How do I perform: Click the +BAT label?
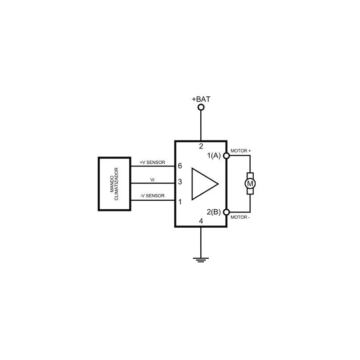coord(201,99)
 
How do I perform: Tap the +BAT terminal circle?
coord(201,107)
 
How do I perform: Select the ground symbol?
coord(201,260)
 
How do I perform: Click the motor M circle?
coord(250,184)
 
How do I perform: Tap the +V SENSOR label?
coord(153,162)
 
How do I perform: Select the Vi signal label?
coord(152,180)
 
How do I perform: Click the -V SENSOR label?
coord(152,196)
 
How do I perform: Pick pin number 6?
coord(180,166)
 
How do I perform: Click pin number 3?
coord(180,182)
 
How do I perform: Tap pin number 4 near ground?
coord(201,221)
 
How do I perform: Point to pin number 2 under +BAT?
coord(201,146)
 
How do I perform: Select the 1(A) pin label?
coord(214,156)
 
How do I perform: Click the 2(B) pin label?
coord(213,211)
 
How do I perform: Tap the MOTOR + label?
coord(241,151)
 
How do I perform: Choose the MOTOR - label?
coord(240,217)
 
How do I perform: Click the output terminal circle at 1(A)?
coord(226,156)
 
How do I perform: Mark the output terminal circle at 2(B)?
coord(226,212)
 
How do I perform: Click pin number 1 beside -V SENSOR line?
coord(180,202)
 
